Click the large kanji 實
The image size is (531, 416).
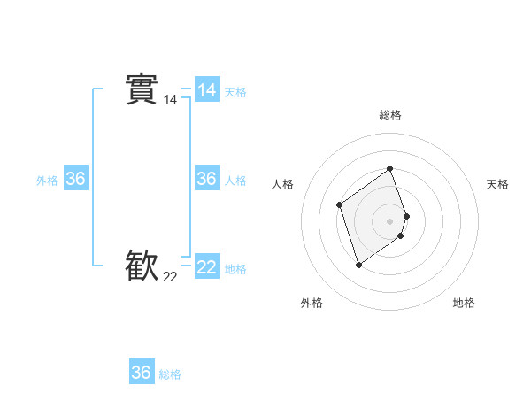142,89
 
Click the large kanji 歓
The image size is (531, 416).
142,266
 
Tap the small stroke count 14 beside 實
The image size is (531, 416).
170,101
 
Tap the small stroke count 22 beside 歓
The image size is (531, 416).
170,277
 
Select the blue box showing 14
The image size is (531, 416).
206,90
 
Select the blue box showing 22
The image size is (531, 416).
206,266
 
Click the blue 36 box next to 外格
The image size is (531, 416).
75,179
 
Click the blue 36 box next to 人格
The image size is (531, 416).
206,179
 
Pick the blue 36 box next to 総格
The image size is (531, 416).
142,373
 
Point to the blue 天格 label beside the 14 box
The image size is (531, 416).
235,92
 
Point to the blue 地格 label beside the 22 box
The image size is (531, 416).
235,269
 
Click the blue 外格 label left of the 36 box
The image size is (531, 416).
47,181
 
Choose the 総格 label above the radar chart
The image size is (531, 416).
390,115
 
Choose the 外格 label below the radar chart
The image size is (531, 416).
312,303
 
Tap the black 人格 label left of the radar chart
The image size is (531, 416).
283,184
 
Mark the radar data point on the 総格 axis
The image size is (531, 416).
389,168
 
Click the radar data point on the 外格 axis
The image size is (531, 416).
358,264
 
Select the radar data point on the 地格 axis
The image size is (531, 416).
400,235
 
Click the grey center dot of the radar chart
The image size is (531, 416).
389,220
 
